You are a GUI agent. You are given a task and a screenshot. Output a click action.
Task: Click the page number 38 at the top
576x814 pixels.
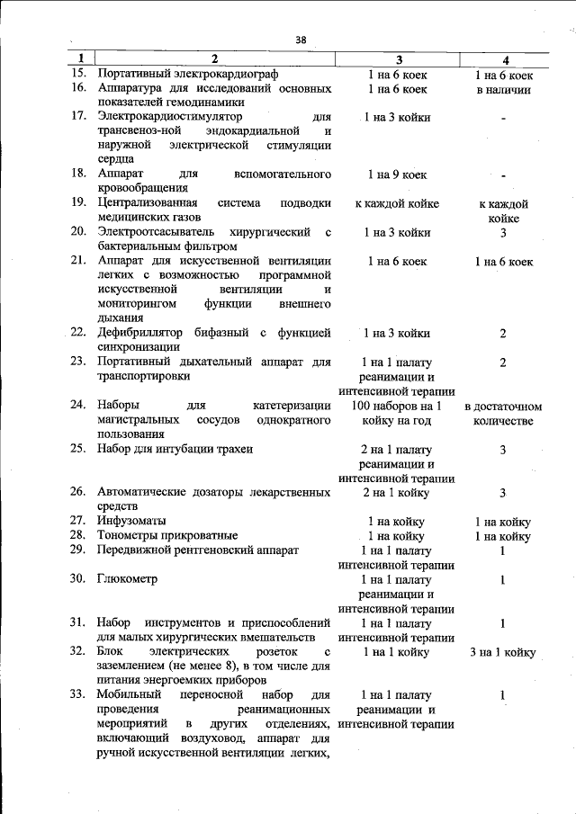tap(301, 40)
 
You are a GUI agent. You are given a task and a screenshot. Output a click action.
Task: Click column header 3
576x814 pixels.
tap(397, 60)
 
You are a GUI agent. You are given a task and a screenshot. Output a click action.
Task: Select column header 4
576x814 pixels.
tap(504, 60)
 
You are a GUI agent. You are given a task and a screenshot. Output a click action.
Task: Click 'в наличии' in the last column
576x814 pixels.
tap(504, 89)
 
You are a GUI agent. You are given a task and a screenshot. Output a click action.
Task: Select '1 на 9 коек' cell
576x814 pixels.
tap(397, 174)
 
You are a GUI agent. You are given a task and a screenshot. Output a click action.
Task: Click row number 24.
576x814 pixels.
tap(78, 406)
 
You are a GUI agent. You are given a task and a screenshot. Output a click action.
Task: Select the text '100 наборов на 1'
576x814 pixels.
tap(397, 406)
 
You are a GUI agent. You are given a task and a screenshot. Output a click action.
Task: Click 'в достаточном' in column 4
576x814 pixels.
tap(504, 407)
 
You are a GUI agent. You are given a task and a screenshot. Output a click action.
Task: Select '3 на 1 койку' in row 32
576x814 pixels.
tap(503, 652)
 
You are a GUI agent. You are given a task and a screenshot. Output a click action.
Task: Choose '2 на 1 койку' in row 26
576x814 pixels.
tap(397, 493)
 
